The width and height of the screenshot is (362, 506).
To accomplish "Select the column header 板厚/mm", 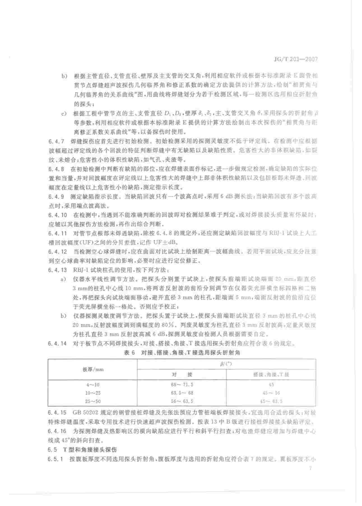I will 93,369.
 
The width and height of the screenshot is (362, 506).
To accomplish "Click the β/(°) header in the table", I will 226,364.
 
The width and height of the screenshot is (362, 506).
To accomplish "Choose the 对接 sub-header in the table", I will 182,374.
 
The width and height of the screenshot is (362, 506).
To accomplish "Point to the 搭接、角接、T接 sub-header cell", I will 271,374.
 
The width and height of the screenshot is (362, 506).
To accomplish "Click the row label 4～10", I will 92,385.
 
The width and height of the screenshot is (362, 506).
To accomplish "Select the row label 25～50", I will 92,401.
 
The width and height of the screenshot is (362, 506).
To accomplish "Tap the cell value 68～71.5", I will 182,385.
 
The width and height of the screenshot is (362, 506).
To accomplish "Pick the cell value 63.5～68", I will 182,393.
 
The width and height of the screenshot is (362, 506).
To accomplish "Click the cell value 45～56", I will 271,393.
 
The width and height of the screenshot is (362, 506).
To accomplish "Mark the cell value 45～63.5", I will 271,401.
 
